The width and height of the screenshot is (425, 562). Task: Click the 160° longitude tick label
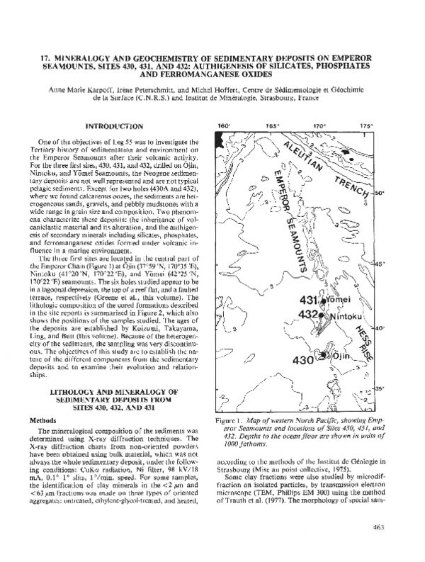click(x=224, y=126)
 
